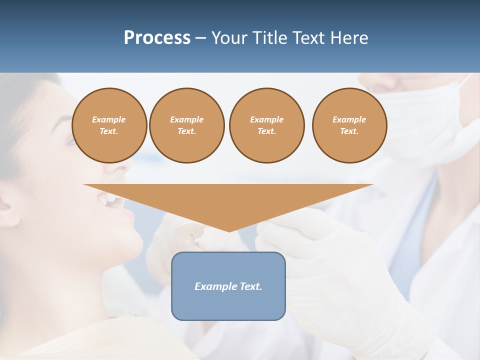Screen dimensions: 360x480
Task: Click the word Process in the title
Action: click(157, 38)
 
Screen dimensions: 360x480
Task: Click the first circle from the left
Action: click(109, 125)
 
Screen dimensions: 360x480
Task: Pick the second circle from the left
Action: click(186, 125)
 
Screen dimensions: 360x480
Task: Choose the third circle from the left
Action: click(266, 125)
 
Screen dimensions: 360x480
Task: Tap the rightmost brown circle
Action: click(349, 125)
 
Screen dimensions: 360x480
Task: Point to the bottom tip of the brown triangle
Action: click(228, 231)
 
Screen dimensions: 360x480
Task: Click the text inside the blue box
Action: click(228, 286)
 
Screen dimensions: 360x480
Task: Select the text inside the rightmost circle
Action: click(349, 125)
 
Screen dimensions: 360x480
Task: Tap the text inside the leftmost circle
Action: click(109, 125)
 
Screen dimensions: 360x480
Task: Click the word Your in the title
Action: click(230, 38)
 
